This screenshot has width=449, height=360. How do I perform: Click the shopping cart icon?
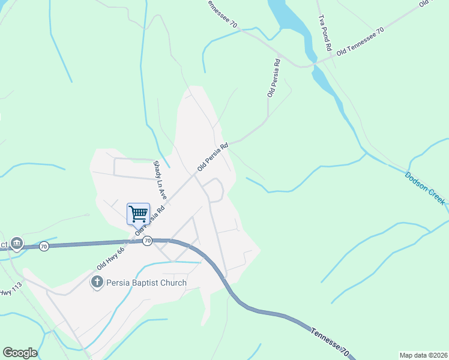click(138, 214)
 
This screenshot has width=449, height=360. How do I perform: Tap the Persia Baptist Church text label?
click(146, 283)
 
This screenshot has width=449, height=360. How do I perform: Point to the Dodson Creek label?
click(425, 188)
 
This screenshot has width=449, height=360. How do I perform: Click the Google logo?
click(20, 353)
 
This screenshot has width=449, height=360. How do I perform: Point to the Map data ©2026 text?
click(424, 355)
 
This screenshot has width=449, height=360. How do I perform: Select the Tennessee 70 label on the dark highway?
click(330, 341)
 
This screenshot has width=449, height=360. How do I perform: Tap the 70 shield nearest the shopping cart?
click(147, 241)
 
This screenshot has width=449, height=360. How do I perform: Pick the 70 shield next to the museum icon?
click(43, 246)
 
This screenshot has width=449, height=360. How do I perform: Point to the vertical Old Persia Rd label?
click(274, 78)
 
